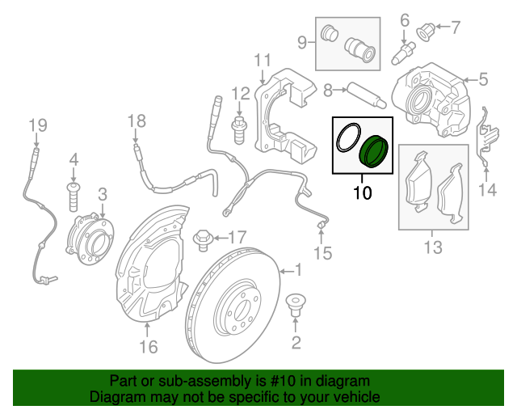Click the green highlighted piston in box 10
pos(374,151)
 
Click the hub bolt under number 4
pos(73,194)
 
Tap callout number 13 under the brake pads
pos(434,247)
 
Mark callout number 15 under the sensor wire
pos(322,254)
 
